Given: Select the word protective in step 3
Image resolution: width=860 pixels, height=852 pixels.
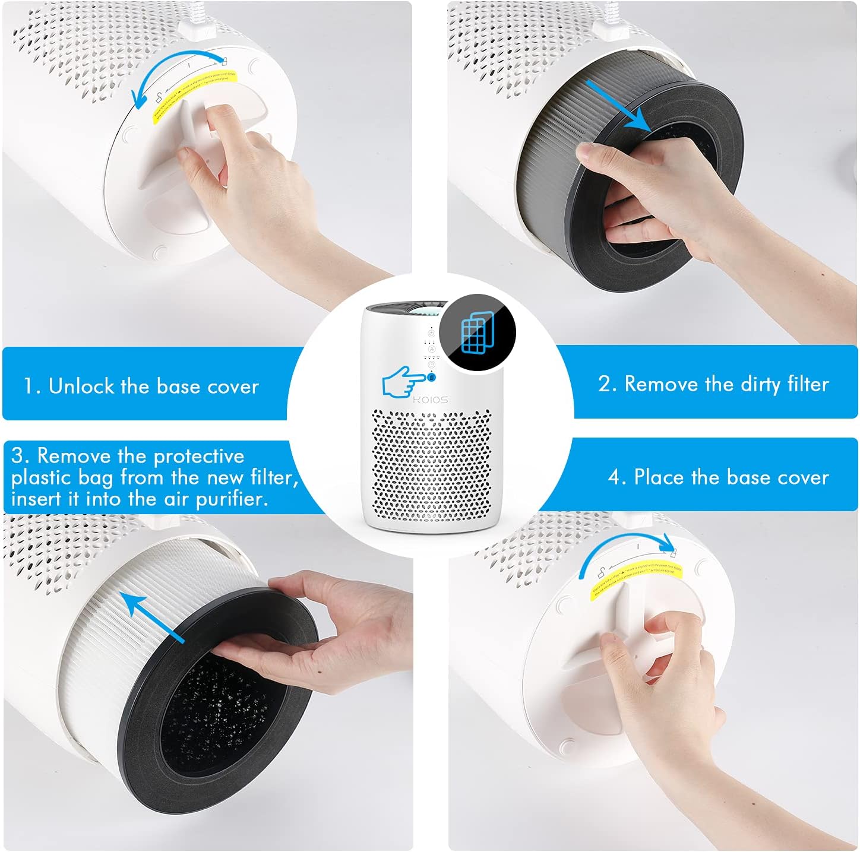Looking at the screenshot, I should [198, 456].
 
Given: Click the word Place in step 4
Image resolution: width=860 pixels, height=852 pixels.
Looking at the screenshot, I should [659, 477].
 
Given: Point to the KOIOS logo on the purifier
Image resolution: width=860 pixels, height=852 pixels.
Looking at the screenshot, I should [431, 400].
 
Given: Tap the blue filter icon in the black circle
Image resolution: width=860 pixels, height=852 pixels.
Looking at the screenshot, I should [478, 332].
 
